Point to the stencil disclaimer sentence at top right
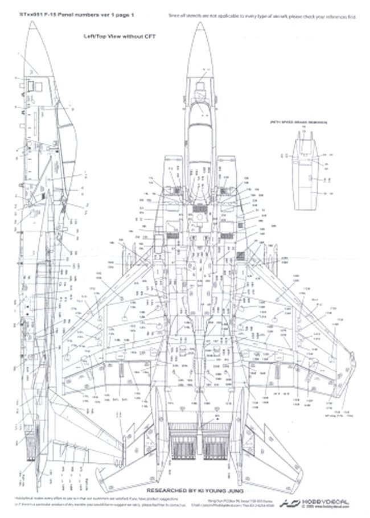pyautogui.click(x=262, y=17)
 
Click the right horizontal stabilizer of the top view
pyautogui.click(x=268, y=455)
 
